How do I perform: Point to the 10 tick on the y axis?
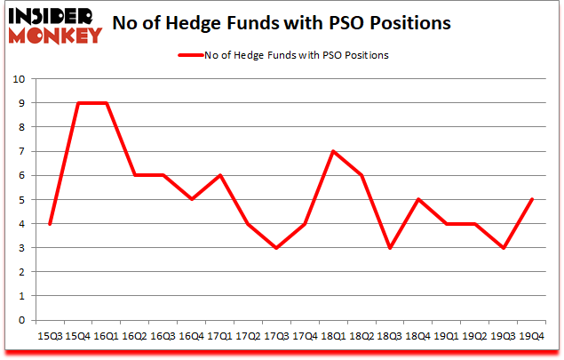[x=19, y=79]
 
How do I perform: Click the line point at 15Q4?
[x=77, y=103]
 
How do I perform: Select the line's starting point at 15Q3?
[x=49, y=224]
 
